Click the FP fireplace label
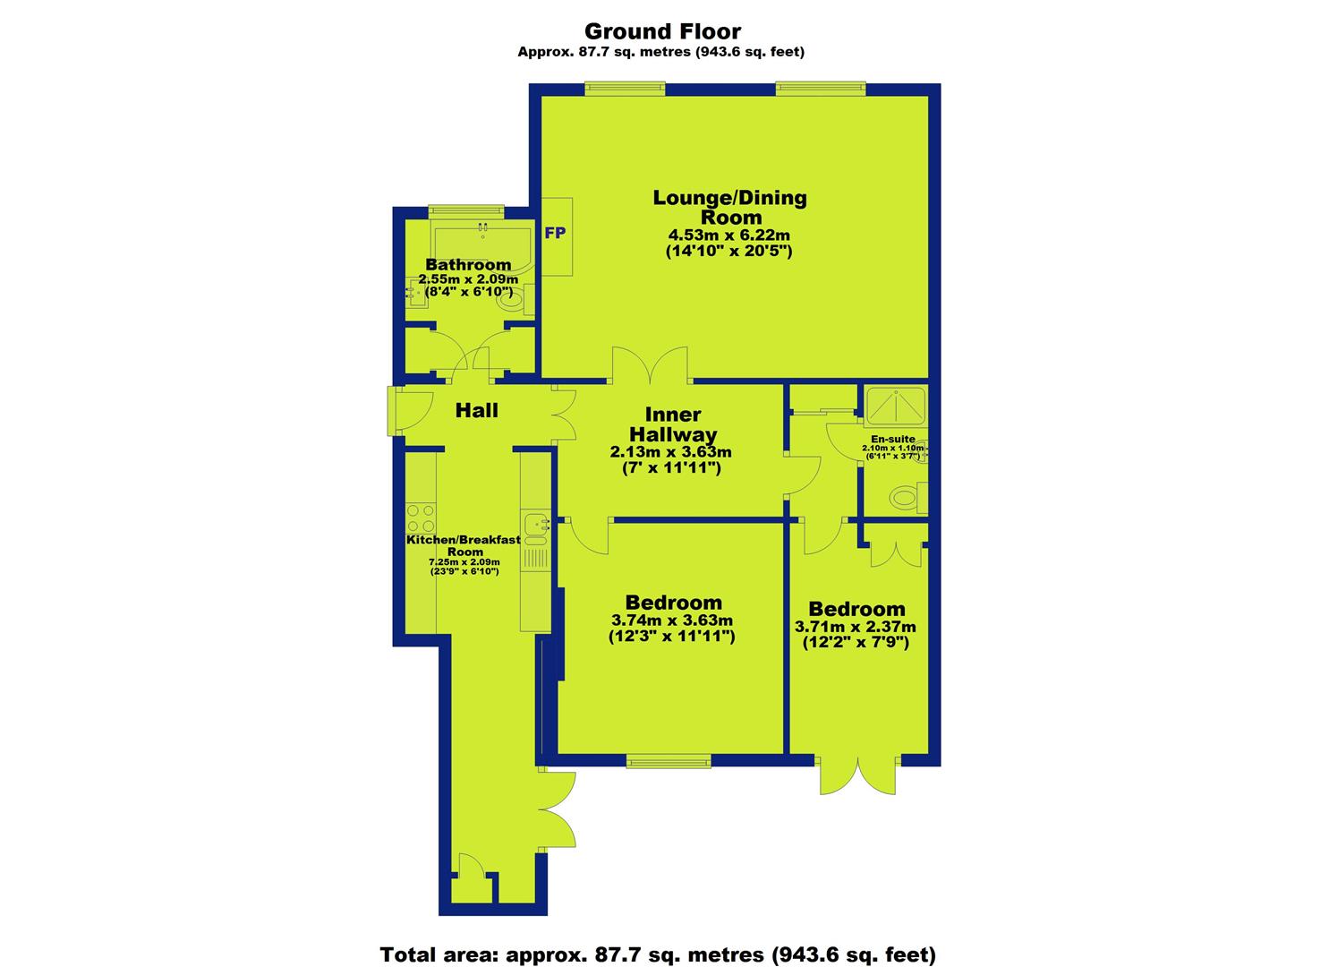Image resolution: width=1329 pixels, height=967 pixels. point(555,234)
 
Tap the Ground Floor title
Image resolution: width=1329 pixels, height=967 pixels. point(663,30)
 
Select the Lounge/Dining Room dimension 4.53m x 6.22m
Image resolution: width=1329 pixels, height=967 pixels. point(729,235)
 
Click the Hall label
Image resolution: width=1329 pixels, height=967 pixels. point(476,410)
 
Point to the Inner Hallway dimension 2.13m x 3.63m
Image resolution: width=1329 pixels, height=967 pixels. point(671,452)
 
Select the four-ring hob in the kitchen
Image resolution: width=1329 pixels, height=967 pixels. point(421,518)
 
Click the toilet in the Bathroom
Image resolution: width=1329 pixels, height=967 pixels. point(515,299)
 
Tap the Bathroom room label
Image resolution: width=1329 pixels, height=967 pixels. point(468,265)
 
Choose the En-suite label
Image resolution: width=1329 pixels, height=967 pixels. point(893,440)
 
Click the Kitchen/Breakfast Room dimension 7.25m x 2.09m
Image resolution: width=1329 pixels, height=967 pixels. point(464,562)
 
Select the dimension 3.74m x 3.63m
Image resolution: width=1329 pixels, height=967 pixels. point(672,620)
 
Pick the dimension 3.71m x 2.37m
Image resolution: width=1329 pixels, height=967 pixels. point(856,627)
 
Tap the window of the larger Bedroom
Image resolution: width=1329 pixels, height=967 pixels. point(669,761)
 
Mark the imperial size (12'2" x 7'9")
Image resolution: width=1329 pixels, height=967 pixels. point(856,642)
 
